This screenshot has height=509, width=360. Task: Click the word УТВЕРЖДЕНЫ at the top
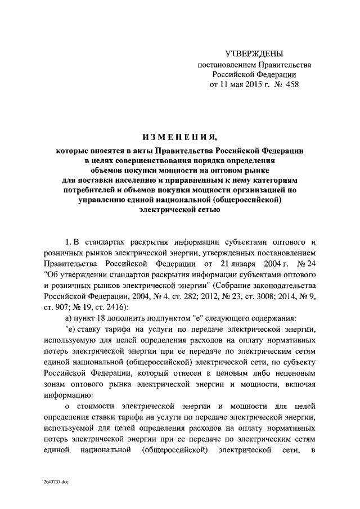pos(253,53)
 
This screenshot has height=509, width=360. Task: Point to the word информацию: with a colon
pos(67,394)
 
